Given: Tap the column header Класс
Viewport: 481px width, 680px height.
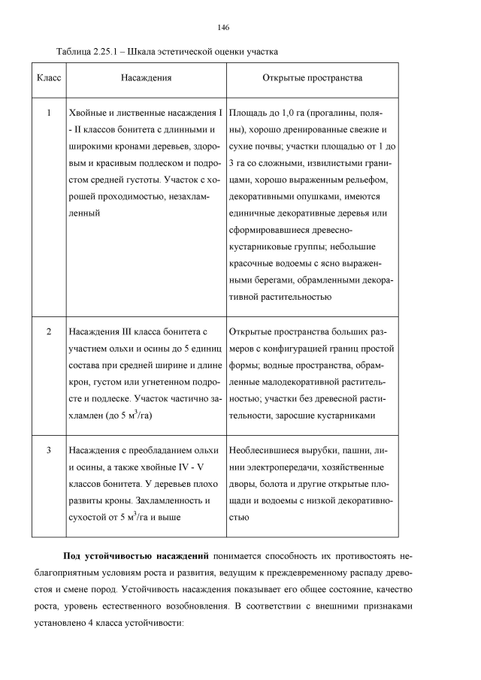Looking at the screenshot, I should pyautogui.click(x=49, y=78).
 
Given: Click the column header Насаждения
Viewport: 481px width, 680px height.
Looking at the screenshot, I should pyautogui.click(x=146, y=78).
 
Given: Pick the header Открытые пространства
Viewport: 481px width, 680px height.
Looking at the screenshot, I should pyautogui.click(x=312, y=78).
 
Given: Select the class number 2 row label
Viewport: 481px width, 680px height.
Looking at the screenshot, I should pyautogui.click(x=49, y=331).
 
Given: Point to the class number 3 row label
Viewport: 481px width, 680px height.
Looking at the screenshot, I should pyautogui.click(x=49, y=451).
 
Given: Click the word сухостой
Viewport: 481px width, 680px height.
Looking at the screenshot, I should pyautogui.click(x=89, y=517).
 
